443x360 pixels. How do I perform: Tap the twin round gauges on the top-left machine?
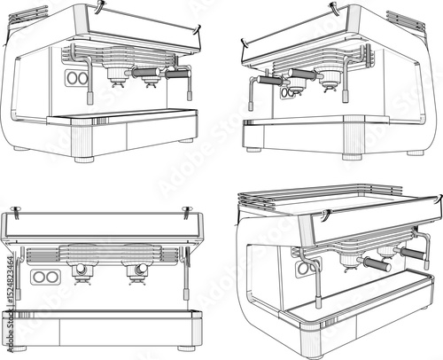click(77, 78)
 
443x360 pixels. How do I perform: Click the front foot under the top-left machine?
click(84, 160)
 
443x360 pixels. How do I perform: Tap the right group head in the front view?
click(137, 271)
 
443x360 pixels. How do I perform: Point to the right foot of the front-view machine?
click(187, 348)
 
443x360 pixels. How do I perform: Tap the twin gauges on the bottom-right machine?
click(304, 267)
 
